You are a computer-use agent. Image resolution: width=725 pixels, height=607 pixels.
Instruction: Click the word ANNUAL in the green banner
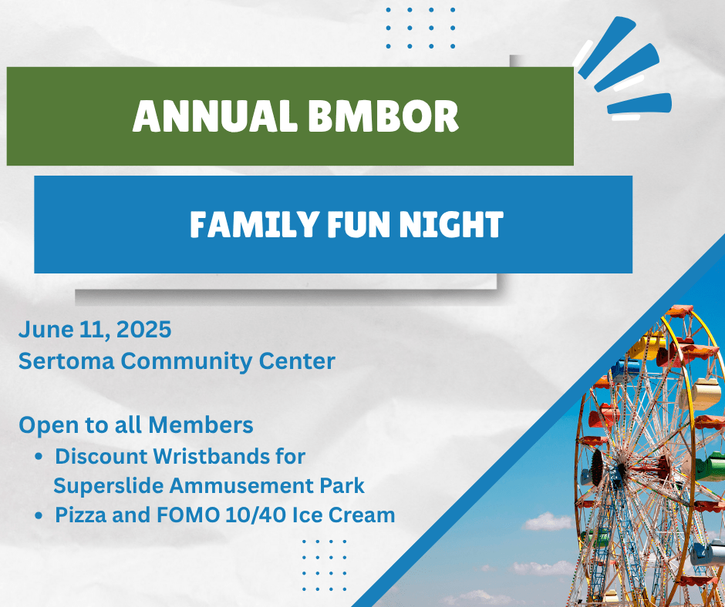(215, 116)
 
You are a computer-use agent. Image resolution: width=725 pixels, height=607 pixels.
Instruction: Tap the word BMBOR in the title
(383, 116)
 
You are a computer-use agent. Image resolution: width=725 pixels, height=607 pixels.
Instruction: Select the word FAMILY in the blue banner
(254, 224)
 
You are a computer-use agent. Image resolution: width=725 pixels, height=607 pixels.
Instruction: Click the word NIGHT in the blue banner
(451, 224)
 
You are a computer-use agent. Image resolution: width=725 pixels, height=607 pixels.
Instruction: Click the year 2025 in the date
(143, 330)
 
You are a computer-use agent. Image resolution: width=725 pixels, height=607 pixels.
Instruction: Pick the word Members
(201, 424)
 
